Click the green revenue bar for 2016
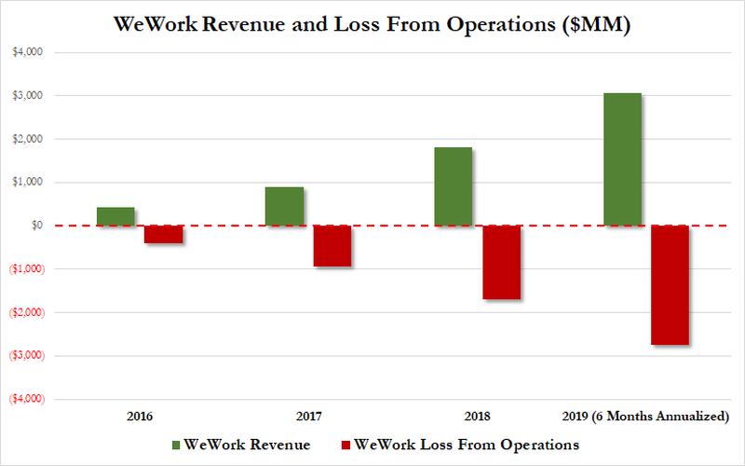115,216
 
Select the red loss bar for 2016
164,234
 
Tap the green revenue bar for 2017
284,206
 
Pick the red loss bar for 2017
332,246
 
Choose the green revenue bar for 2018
453,186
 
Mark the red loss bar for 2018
501,262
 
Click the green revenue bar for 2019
621,159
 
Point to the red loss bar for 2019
670,285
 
